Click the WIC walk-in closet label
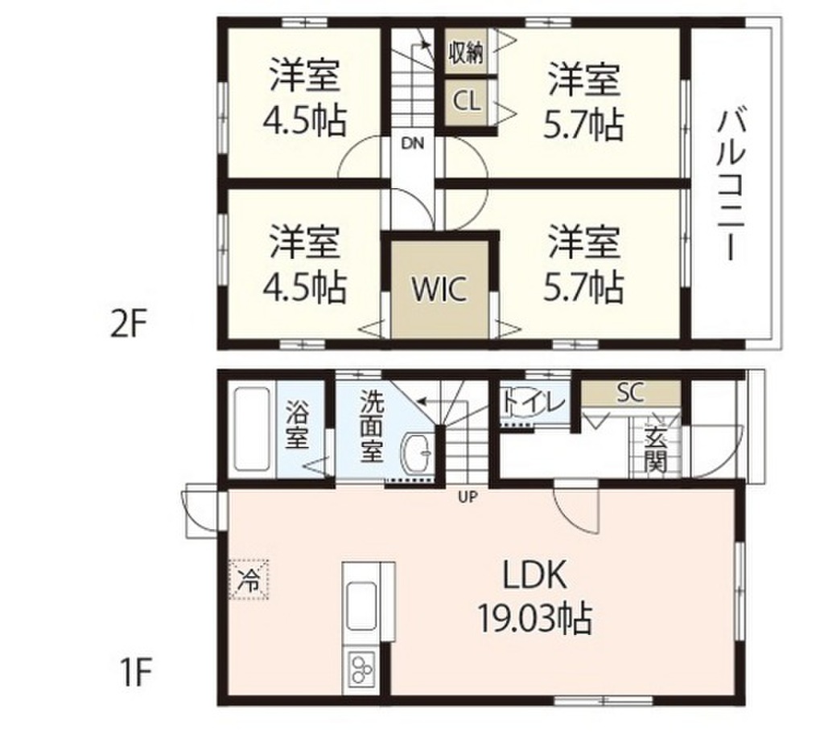coord(439,289)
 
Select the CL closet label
coord(466,101)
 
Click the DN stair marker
coord(412,144)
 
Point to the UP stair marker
coord(468,496)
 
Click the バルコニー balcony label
coord(730,186)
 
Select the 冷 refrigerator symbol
coord(250,579)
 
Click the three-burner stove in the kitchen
coord(362,670)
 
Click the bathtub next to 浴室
coord(253,430)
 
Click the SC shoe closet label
coord(631,392)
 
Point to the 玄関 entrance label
coord(654,451)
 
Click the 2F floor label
coord(127,326)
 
